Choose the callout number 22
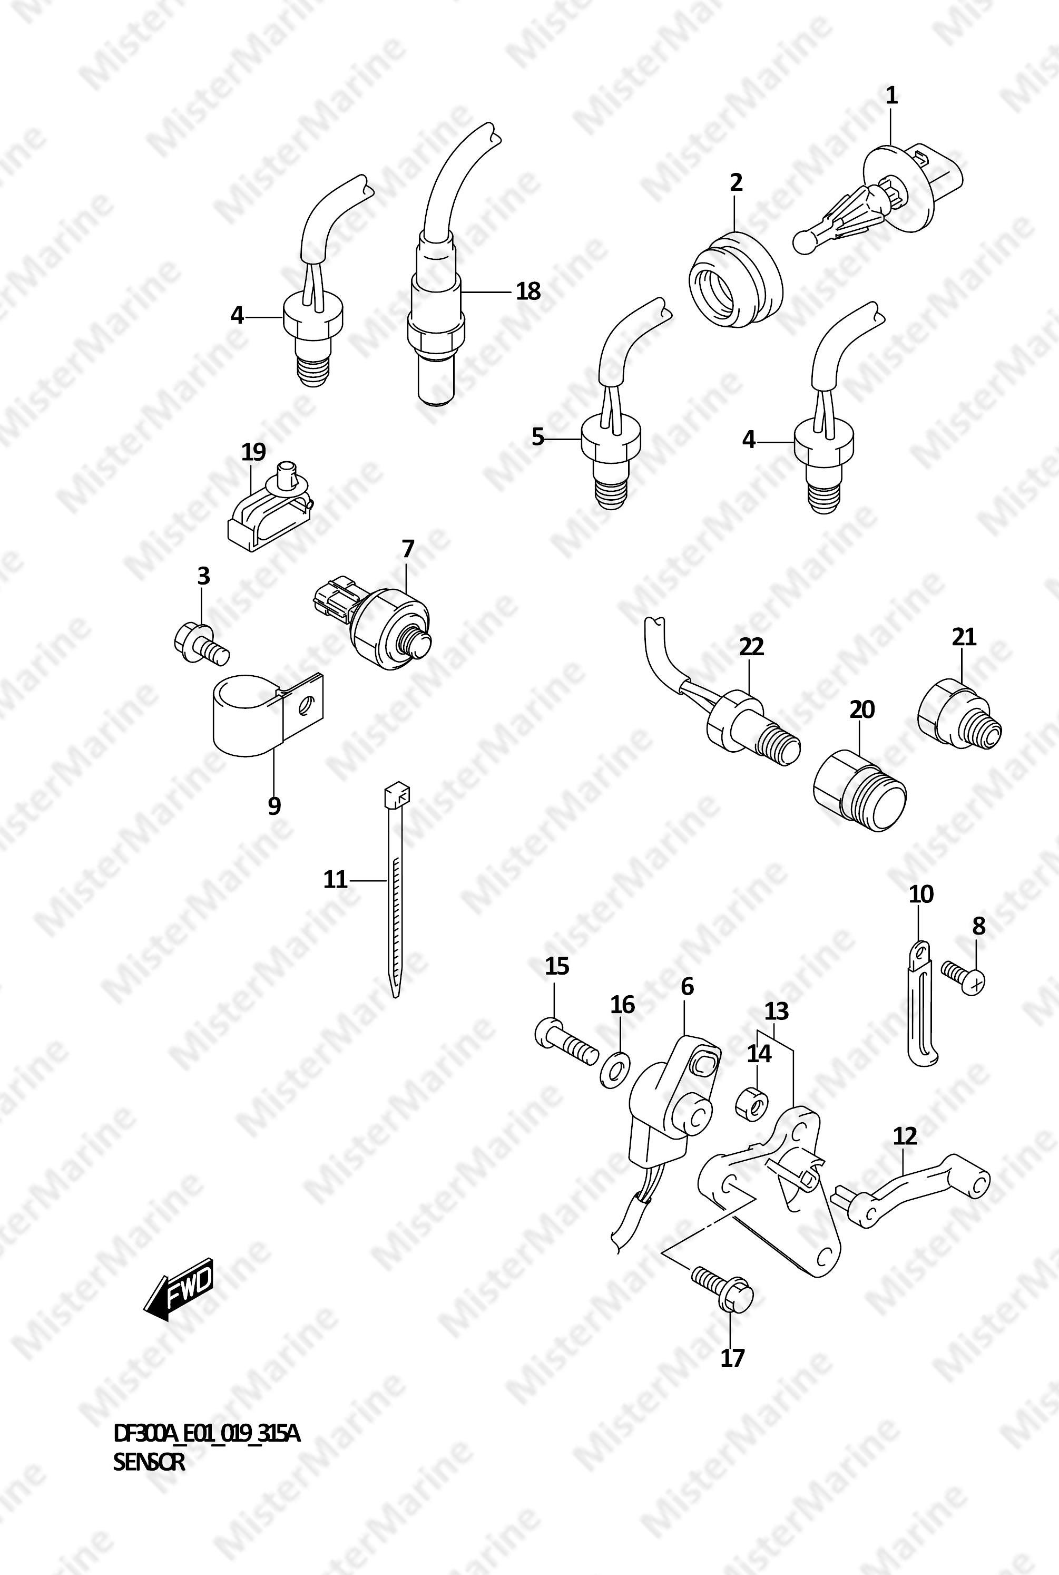pos(751,647)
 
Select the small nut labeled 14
pos(751,1103)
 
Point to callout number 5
pos(537,437)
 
